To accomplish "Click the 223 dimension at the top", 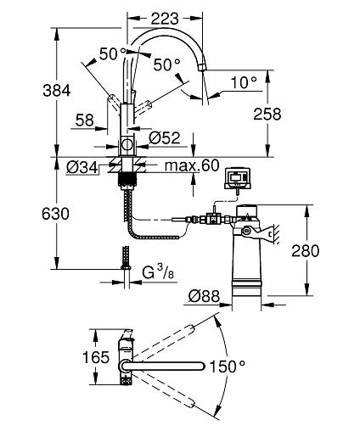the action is click(165, 19).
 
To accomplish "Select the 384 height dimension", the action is click(57, 91).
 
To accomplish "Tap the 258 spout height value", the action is click(267, 115).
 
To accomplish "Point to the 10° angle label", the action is click(244, 82).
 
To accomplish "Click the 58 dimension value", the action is click(85, 120).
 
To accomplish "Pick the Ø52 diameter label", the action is click(165, 138).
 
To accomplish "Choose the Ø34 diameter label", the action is click(82, 167).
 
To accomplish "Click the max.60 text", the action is click(192, 165).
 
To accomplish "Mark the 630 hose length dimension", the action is click(55, 214).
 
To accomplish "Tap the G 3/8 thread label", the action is click(158, 271).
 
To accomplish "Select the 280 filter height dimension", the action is click(305, 250).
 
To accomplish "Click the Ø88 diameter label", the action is click(204, 296).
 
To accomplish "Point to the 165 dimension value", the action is click(96, 357).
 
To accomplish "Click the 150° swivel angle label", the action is click(228, 367).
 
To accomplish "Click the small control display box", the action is click(238, 178).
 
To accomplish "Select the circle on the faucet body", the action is click(127, 145).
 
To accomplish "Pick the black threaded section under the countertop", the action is click(127, 179).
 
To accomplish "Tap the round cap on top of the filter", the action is click(246, 210).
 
